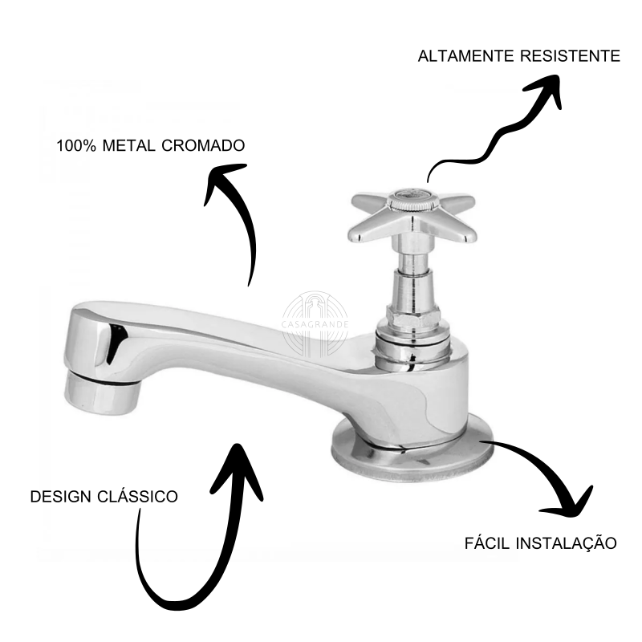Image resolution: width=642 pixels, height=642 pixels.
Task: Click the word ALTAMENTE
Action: tap(465, 56)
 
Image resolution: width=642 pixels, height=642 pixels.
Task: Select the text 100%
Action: tap(76, 146)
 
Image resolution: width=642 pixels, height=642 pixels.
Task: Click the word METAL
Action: tap(128, 146)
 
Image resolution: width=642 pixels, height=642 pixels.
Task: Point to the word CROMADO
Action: tap(203, 146)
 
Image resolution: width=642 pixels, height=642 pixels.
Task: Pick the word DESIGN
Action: tap(61, 497)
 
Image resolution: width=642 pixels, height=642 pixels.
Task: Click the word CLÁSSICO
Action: tap(137, 496)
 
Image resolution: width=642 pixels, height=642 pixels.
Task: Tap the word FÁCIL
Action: tap(487, 543)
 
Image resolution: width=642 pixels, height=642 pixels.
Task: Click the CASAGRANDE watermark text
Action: tap(315, 325)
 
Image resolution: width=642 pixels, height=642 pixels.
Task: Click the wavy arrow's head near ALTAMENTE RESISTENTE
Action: tap(547, 88)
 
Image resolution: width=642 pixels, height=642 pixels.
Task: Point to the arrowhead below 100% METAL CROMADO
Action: tap(223, 180)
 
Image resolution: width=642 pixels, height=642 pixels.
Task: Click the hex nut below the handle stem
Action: tap(413, 316)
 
